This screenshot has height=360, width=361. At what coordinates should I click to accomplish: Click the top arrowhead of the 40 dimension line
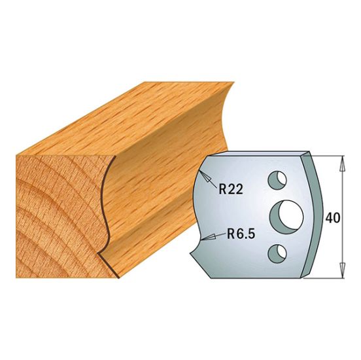click(341, 161)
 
